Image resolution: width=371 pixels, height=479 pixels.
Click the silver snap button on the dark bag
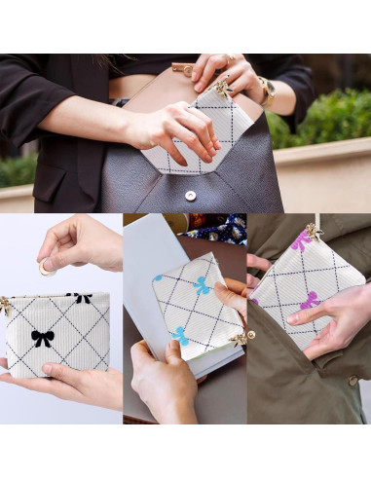click(191, 195)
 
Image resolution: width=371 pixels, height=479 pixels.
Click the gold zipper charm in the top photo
click(223, 89)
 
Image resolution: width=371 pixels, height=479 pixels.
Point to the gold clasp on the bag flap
click(182, 68)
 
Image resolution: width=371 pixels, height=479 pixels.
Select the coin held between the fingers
click(45, 267)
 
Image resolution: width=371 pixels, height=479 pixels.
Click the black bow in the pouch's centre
click(42, 338)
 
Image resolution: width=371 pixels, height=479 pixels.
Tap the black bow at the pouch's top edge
click(81, 297)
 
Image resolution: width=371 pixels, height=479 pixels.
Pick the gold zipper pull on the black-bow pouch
click(6, 305)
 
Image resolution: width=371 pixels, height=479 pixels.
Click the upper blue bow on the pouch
click(200, 285)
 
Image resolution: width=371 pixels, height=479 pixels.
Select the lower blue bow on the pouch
click(180, 336)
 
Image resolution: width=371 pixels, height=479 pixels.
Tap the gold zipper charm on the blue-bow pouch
click(240, 338)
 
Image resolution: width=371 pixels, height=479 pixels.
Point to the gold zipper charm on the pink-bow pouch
click(313, 231)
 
